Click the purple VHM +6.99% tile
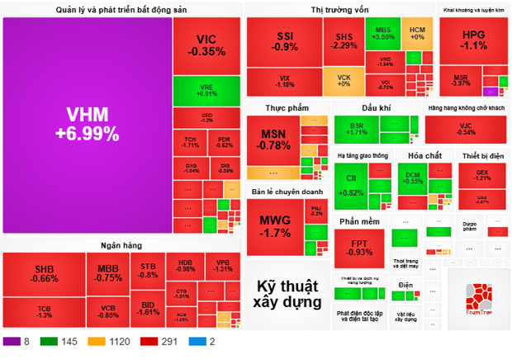87,124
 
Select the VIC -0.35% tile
206,45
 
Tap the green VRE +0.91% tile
206,90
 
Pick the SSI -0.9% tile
285,42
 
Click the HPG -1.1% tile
474,40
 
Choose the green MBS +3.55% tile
383,33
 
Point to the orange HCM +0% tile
417,33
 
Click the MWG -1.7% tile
274,226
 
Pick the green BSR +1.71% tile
357,129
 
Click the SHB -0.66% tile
46,274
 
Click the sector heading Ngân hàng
121,246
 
